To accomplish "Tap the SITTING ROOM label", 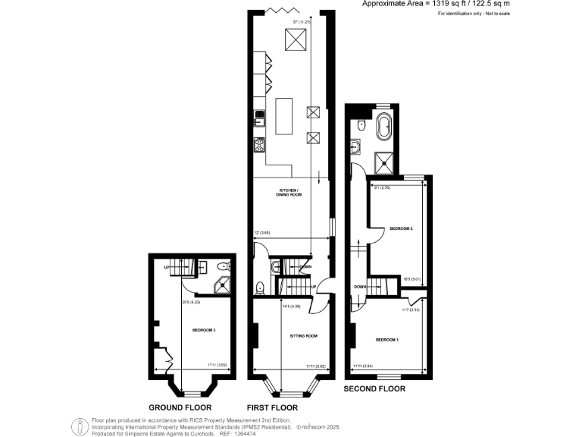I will tap(303, 335).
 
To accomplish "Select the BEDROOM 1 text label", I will tap(386, 339).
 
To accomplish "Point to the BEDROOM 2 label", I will tap(401, 228).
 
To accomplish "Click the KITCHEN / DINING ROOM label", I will tap(289, 192).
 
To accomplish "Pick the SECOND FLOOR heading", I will tap(374, 388).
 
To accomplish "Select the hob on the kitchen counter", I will tap(259, 143).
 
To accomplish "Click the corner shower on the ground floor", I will tap(224, 285).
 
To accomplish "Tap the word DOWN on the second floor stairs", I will tap(361, 287).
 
